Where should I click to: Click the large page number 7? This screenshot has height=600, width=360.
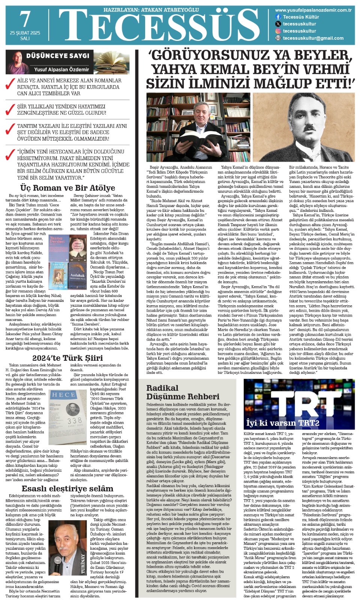(x=25, y=19)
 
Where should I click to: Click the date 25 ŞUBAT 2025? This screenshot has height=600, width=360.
(x=25, y=33)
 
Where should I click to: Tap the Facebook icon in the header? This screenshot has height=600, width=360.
(x=278, y=17)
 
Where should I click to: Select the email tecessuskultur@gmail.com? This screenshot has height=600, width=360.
(x=313, y=38)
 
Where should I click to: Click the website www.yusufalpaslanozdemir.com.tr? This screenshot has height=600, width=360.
(x=313, y=10)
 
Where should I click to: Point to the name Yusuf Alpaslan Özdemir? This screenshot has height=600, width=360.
(x=61, y=69)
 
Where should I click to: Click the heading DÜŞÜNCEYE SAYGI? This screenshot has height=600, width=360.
(x=58, y=56)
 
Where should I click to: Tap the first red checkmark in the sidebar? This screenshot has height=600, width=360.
(x=10, y=84)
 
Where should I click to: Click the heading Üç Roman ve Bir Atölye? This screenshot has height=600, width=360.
(x=67, y=188)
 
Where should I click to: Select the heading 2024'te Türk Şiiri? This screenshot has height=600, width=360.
(x=67, y=358)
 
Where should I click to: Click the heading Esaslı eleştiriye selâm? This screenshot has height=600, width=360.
(x=67, y=488)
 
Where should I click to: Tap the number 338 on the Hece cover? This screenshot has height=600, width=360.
(x=75, y=421)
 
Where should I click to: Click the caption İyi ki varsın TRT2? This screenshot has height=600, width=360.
(x=282, y=423)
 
